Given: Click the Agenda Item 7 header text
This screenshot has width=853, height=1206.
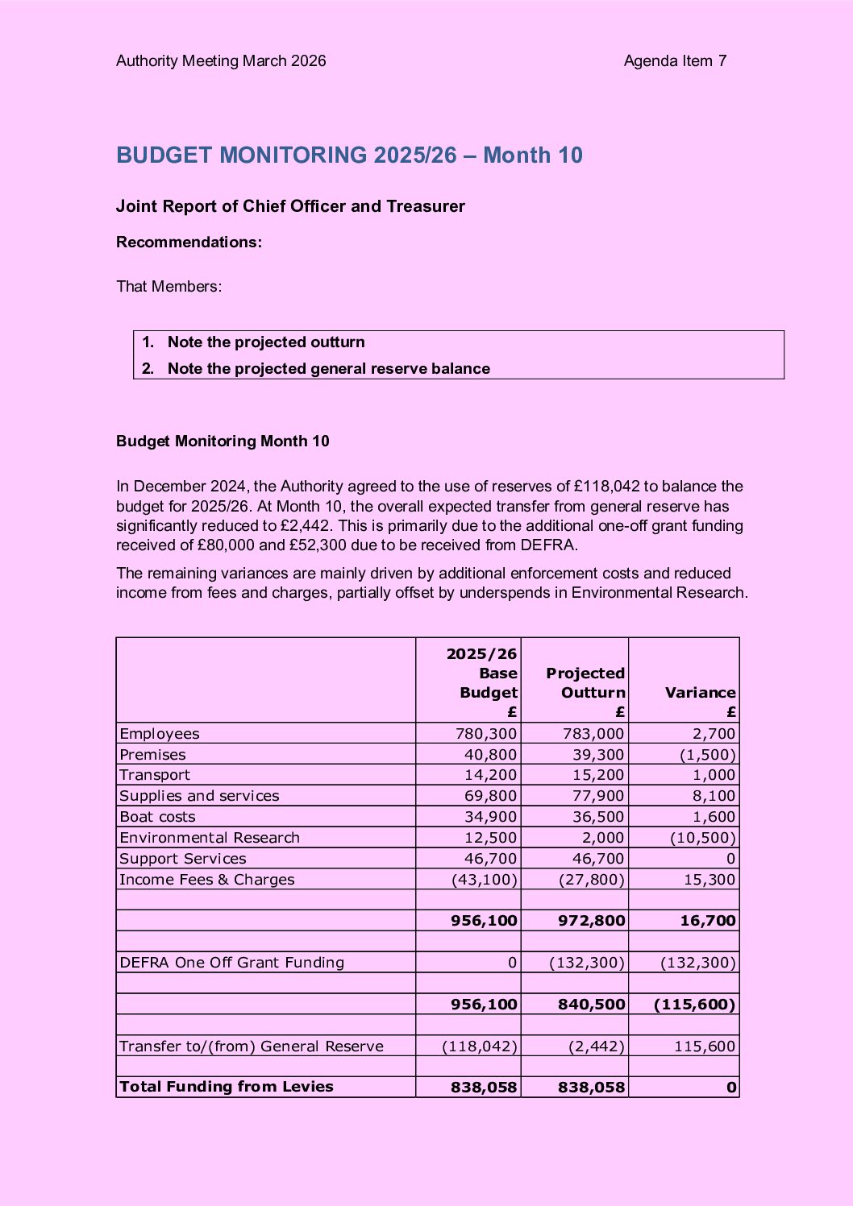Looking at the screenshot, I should (x=675, y=61).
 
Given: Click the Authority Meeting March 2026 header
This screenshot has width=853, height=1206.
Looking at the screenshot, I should (x=221, y=61).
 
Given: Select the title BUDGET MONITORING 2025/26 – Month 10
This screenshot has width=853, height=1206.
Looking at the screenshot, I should (x=349, y=155).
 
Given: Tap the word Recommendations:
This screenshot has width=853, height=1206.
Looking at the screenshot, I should (x=189, y=242).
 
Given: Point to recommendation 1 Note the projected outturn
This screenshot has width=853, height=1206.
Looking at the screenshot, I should (x=266, y=342).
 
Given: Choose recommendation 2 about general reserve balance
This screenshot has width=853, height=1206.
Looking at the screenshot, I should (x=328, y=369).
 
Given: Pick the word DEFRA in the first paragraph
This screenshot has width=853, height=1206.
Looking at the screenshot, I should (x=554, y=545).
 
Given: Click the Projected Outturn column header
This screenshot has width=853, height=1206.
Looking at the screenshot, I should (x=585, y=683).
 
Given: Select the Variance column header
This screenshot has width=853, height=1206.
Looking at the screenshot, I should (x=700, y=693).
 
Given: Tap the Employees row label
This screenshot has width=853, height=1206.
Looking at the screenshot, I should (x=160, y=734).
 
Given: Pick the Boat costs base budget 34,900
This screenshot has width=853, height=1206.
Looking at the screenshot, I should (x=490, y=817).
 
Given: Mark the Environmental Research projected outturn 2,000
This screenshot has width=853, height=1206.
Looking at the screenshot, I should (x=602, y=838).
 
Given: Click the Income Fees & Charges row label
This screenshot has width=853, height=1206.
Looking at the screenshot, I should (x=207, y=880).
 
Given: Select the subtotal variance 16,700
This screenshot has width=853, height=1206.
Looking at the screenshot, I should (x=707, y=921).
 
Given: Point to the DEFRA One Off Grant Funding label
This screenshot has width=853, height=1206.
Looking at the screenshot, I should (x=232, y=963).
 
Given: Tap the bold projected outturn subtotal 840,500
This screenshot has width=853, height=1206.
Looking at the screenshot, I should (x=591, y=1005).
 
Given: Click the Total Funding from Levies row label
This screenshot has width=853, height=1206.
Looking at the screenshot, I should (x=227, y=1087).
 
